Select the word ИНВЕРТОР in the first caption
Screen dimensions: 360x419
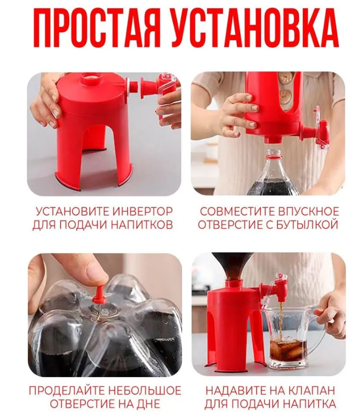coord(142,211)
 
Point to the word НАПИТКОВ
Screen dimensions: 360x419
coord(141,225)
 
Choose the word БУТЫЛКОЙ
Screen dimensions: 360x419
coord(307,225)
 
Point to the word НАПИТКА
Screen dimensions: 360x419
coord(305,403)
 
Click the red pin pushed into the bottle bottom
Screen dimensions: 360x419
coord(100,295)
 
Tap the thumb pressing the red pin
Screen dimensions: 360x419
coord(94,271)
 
